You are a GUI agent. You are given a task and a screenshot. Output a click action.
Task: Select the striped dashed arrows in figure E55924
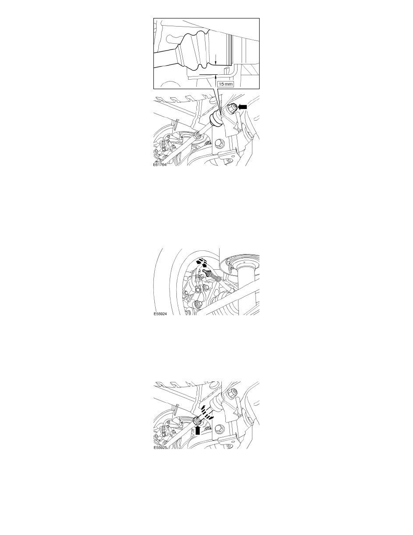pos(203,262)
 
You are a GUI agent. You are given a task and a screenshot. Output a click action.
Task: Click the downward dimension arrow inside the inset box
pos(216,59)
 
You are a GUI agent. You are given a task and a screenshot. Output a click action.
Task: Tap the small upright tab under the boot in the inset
pos(225,71)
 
